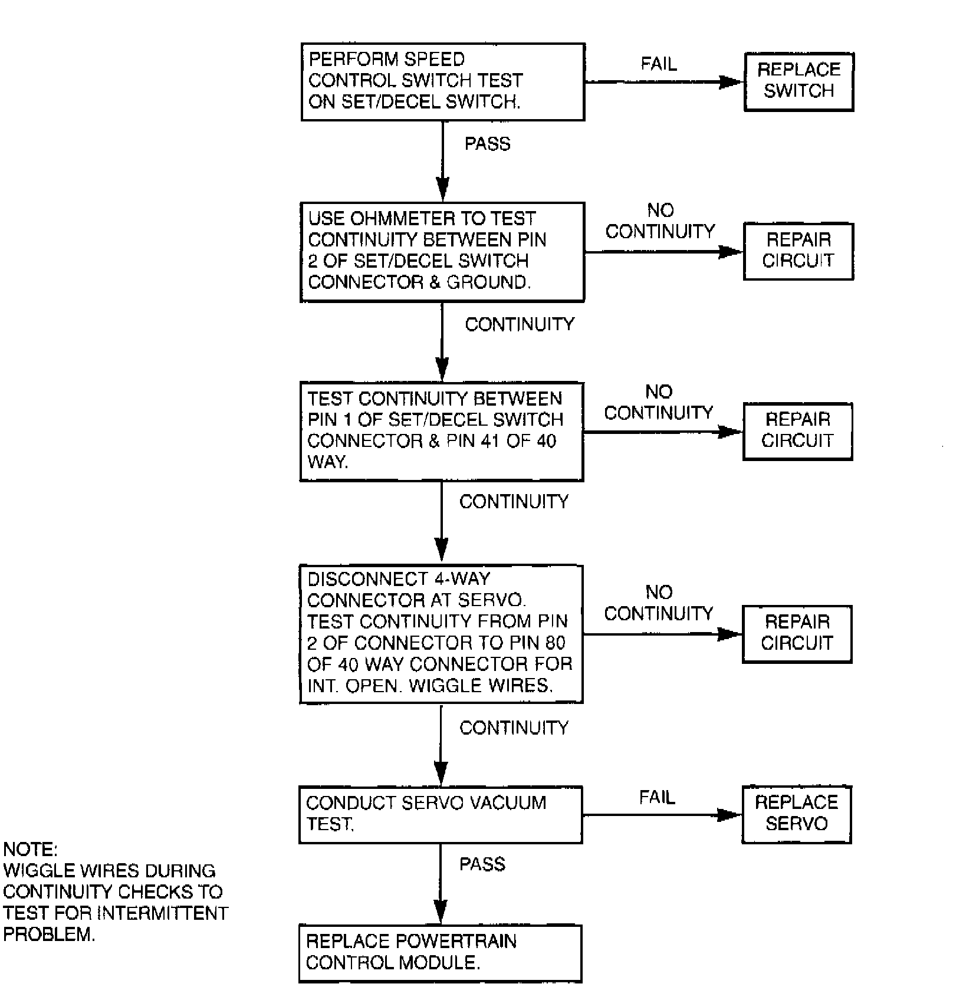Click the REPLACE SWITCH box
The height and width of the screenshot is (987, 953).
pos(798,81)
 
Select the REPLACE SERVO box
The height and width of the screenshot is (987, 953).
pos(796,814)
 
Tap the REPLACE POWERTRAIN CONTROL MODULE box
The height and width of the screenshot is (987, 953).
pos(440,952)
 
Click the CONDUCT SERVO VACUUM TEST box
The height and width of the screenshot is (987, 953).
pos(441,814)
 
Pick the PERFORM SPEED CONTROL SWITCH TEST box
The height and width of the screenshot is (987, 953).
pos(443,81)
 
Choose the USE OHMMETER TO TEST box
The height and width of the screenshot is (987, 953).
pos(442,252)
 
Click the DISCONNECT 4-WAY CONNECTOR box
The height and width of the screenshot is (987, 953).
pos(441,633)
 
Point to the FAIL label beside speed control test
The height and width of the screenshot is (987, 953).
pos(659,64)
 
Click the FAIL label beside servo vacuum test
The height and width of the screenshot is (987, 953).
pos(657,798)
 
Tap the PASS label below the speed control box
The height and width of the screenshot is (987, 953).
pos(487,144)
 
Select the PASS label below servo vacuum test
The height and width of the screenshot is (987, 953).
pos(482,864)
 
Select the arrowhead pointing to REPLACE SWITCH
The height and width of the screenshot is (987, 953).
pos(731,82)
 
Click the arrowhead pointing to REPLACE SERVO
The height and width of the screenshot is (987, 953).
pos(729,815)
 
